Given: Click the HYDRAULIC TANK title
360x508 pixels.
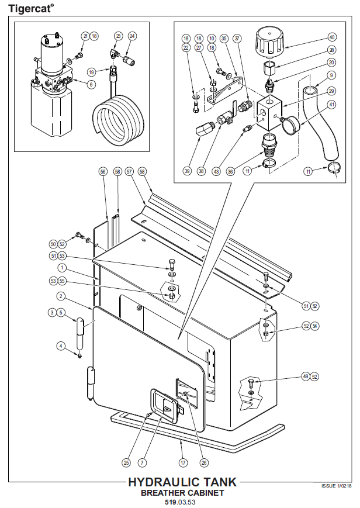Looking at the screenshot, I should click(182, 482).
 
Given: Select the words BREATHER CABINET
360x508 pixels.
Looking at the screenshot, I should click(182, 493).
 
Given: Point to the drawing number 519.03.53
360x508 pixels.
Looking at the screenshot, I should click(182, 502).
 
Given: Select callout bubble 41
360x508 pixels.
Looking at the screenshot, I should click(331, 105).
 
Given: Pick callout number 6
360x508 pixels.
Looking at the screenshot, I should click(91, 84).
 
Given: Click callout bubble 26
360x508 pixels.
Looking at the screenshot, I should click(204, 462).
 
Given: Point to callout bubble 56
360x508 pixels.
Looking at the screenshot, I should click(103, 172).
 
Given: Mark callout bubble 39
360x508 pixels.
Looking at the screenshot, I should click(187, 171).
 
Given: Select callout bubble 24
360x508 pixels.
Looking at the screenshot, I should click(131, 36).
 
